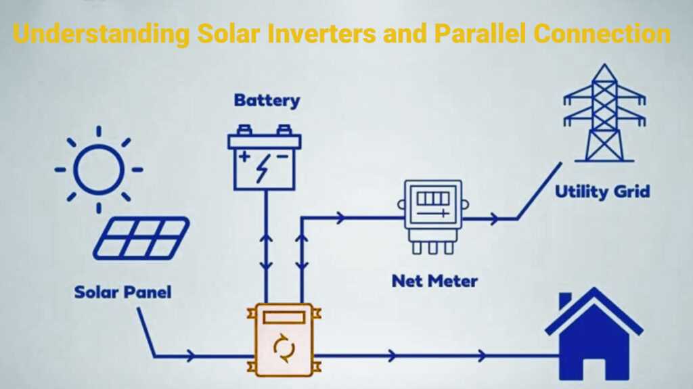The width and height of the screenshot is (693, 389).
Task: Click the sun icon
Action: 99,169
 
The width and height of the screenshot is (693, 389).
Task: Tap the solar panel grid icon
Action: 141,237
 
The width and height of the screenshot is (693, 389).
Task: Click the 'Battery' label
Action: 267,101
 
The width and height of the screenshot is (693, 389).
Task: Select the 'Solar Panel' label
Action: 122,292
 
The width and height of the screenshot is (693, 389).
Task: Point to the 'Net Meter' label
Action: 434,280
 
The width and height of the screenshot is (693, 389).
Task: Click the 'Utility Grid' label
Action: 602,191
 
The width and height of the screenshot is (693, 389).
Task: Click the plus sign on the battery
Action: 243,158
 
